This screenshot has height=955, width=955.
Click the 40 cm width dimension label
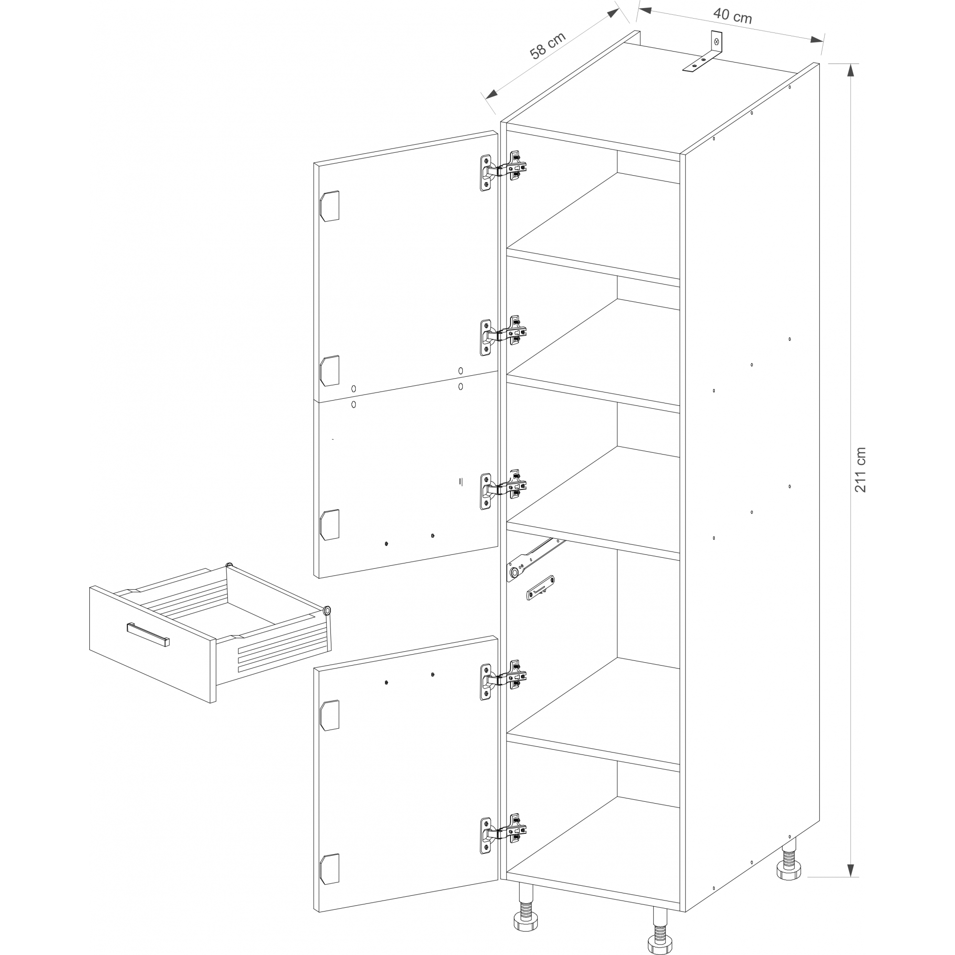coord(732,15)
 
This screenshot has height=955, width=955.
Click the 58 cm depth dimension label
coord(547,45)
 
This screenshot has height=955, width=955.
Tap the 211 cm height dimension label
coord(860,469)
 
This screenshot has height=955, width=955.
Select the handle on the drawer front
coord(148,634)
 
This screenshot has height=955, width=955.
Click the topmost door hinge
coord(503,170)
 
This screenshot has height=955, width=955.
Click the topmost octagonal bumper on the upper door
coord(329,206)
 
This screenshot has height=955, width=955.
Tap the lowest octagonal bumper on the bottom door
coord(329,869)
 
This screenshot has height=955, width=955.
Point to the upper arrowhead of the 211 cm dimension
coord(850,71)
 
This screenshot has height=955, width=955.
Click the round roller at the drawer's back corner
coord(327,612)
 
